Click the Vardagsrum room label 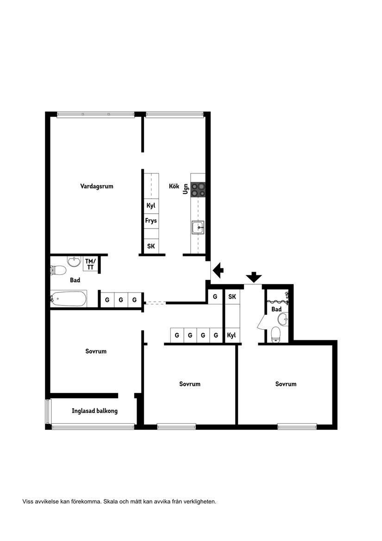click(96, 186)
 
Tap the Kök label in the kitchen click(174, 186)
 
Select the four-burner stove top click(198, 190)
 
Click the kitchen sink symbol click(198, 228)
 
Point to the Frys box click(151, 221)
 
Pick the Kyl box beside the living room click(151, 205)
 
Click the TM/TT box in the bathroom click(90, 264)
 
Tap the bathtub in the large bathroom click(69, 299)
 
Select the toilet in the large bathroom click(57, 270)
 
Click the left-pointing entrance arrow click(218, 269)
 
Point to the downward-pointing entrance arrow click(253, 277)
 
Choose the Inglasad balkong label click(94, 411)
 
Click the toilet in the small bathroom click(276, 334)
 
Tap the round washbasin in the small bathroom click(282, 319)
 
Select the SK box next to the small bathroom click(232, 297)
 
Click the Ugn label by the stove click(186, 188)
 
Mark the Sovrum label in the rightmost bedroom click(286, 384)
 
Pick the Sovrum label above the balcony click(96, 351)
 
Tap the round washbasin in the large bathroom click(74, 262)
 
